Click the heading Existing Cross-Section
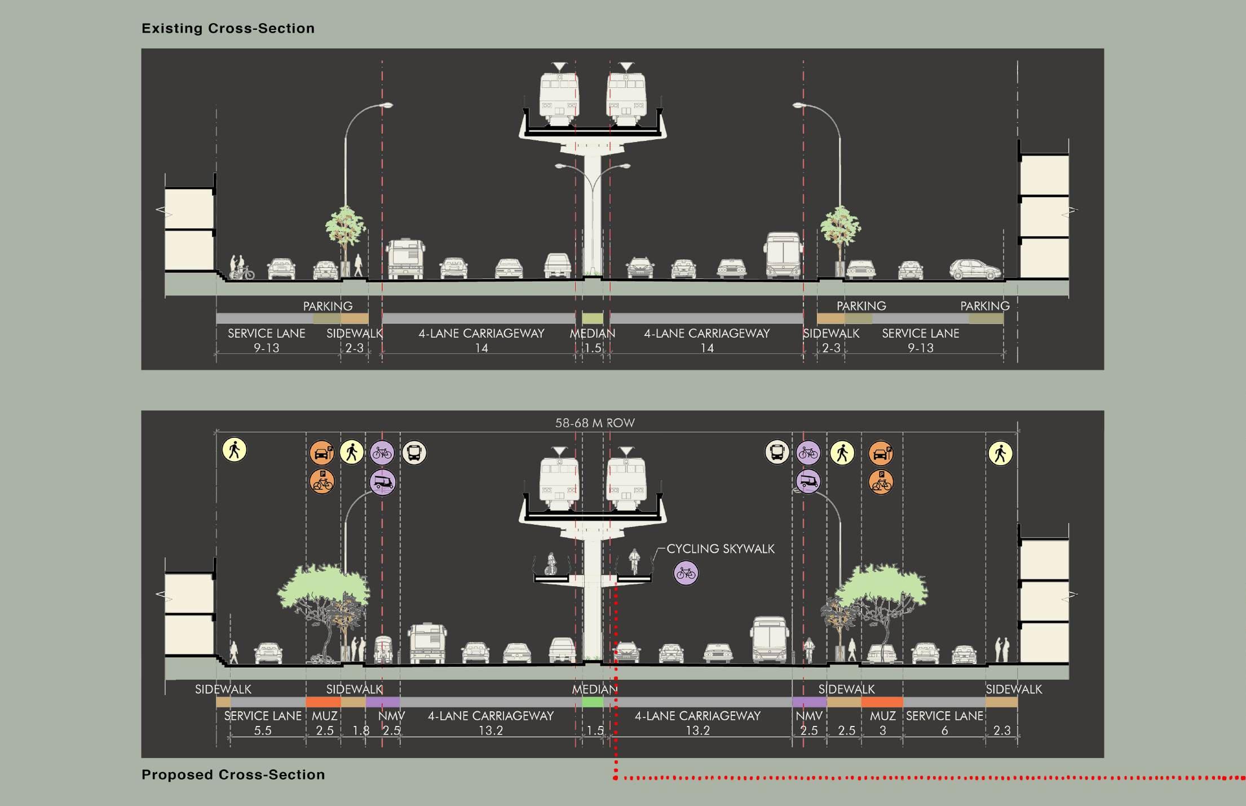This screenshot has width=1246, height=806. coord(228,28)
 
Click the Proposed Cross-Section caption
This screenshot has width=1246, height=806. coord(233,774)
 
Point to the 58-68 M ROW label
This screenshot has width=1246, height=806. coord(595,423)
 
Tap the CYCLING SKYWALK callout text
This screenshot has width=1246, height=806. coord(721,548)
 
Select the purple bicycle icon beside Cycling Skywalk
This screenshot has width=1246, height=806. coord(686,573)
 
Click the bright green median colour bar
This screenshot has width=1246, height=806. coord(593,702)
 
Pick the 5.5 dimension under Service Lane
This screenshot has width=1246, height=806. coord(263,730)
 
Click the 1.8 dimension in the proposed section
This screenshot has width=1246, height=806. coord(361,730)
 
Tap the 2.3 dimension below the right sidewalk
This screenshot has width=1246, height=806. coord(1002,730)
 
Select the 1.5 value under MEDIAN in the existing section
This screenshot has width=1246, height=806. coord(593,348)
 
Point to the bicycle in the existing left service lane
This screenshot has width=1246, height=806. coord(242,273)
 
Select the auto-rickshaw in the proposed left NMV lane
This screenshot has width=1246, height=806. coord(383,649)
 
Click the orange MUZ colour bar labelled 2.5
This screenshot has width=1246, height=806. coord(323,702)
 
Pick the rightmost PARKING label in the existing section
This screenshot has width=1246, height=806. coord(985,306)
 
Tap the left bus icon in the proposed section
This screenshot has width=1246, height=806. coord(414,453)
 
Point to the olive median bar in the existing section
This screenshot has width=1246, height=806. coord(593,318)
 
